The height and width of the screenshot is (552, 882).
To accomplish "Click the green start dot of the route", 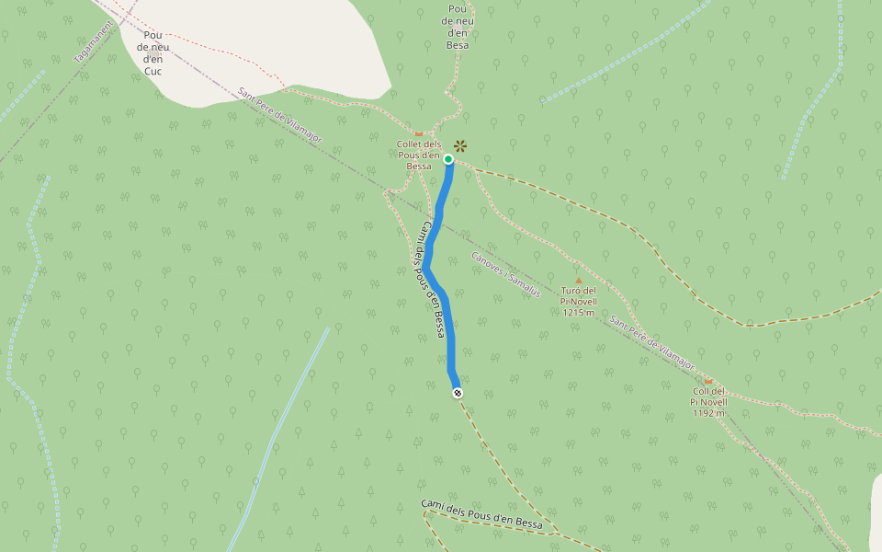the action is (448, 159).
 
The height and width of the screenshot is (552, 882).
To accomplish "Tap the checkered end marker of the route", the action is (458, 394).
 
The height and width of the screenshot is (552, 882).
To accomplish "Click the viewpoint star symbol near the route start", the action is (460, 145).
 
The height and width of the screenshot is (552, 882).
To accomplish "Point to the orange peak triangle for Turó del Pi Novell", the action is (578, 280).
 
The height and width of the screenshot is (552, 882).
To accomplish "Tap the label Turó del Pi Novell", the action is (578, 296).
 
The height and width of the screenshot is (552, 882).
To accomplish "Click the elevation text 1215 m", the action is (579, 312).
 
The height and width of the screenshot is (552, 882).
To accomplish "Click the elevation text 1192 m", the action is (708, 412).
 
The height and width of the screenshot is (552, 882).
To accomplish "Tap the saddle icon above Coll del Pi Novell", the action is (707, 380).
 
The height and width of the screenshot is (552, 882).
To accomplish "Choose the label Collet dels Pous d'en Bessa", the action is (419, 155).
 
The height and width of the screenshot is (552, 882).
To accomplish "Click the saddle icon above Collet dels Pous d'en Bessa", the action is (419, 133).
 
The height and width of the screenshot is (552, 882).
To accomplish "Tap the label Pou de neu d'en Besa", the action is (456, 26).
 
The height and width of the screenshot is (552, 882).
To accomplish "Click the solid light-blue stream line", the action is (280, 432).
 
